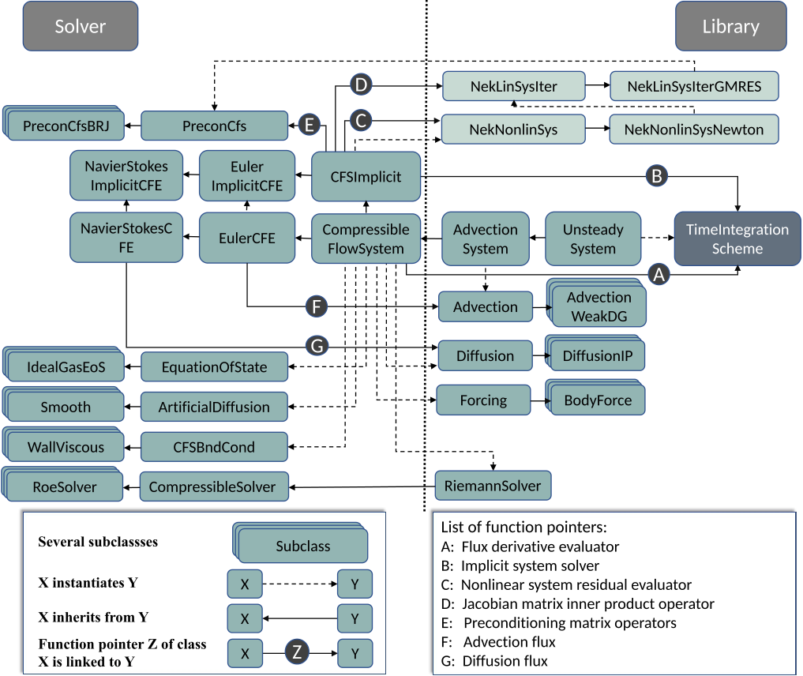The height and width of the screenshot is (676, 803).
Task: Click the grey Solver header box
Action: (x=80, y=27)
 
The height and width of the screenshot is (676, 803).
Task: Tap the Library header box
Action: (x=730, y=27)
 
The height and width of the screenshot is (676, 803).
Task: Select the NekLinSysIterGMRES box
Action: (x=694, y=86)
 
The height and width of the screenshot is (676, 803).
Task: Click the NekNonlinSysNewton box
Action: (x=693, y=130)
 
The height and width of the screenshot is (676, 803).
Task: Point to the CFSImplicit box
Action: (x=366, y=177)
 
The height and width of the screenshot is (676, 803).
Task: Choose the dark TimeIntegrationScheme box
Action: (x=737, y=238)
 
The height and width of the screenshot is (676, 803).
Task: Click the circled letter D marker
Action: (x=360, y=85)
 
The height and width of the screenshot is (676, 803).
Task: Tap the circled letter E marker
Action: (x=310, y=124)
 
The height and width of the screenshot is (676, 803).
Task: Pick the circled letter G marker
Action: (x=317, y=346)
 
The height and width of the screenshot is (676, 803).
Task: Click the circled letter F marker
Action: (x=316, y=306)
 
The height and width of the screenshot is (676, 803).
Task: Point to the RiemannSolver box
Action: (x=493, y=486)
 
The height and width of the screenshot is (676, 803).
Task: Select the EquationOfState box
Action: (x=214, y=367)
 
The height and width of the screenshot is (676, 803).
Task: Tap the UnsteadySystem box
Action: (x=592, y=238)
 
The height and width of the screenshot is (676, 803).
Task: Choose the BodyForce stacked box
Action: (x=598, y=400)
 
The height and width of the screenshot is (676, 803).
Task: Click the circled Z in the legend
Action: (x=296, y=653)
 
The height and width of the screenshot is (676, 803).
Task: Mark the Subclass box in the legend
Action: (x=303, y=546)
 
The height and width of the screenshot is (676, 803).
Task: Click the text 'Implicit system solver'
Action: (x=530, y=565)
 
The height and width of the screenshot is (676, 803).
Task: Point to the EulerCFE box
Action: (x=247, y=238)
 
